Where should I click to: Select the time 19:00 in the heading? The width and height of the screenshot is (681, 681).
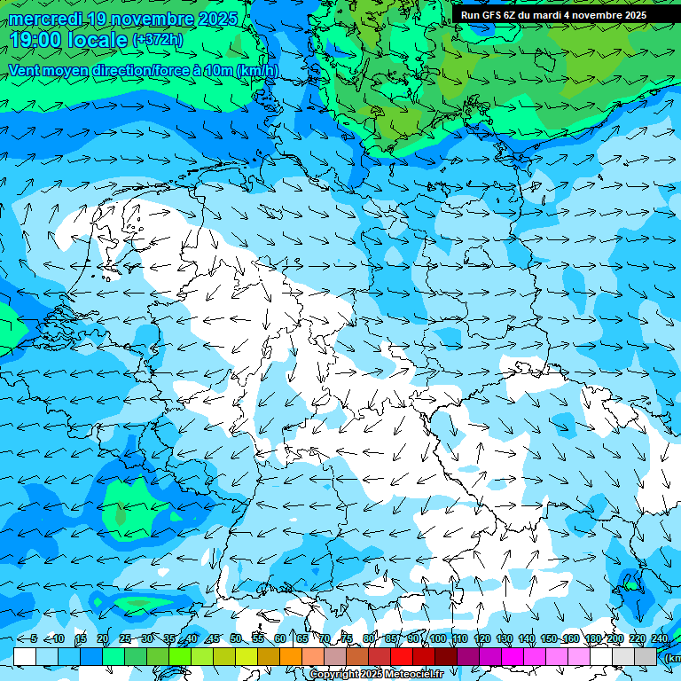point(40,40)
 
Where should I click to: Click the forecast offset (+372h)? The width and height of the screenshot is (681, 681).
point(157,40)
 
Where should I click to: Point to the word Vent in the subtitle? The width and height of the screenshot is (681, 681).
point(26,70)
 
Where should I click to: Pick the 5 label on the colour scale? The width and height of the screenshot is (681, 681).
point(34,639)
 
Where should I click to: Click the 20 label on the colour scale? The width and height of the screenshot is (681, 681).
point(102,639)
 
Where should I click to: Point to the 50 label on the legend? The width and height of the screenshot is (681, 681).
point(235,639)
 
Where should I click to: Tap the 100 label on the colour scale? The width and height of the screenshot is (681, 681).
point(437,639)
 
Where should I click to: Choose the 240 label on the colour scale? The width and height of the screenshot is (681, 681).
point(659,639)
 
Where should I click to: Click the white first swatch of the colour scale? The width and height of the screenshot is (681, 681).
point(25,656)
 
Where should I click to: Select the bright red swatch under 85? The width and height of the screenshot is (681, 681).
point(402,656)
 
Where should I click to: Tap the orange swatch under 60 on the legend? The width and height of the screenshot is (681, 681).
point(291,656)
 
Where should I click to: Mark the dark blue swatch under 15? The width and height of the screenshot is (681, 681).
point(91,656)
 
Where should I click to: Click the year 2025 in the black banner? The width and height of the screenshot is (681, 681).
point(636,15)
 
